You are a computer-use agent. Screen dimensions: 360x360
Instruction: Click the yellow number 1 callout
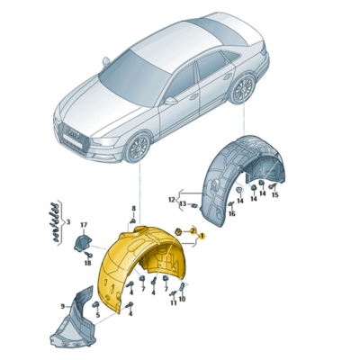pyautogui.click(x=202, y=236)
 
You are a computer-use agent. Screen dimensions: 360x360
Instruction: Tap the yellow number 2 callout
pyautogui.click(x=192, y=231)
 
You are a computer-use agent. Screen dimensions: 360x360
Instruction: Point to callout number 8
pyautogui.click(x=132, y=209)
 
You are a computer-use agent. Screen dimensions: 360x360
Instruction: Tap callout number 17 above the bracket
pyautogui.click(x=84, y=224)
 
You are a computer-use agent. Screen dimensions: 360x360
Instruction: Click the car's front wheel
pyautogui.click(x=141, y=146)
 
